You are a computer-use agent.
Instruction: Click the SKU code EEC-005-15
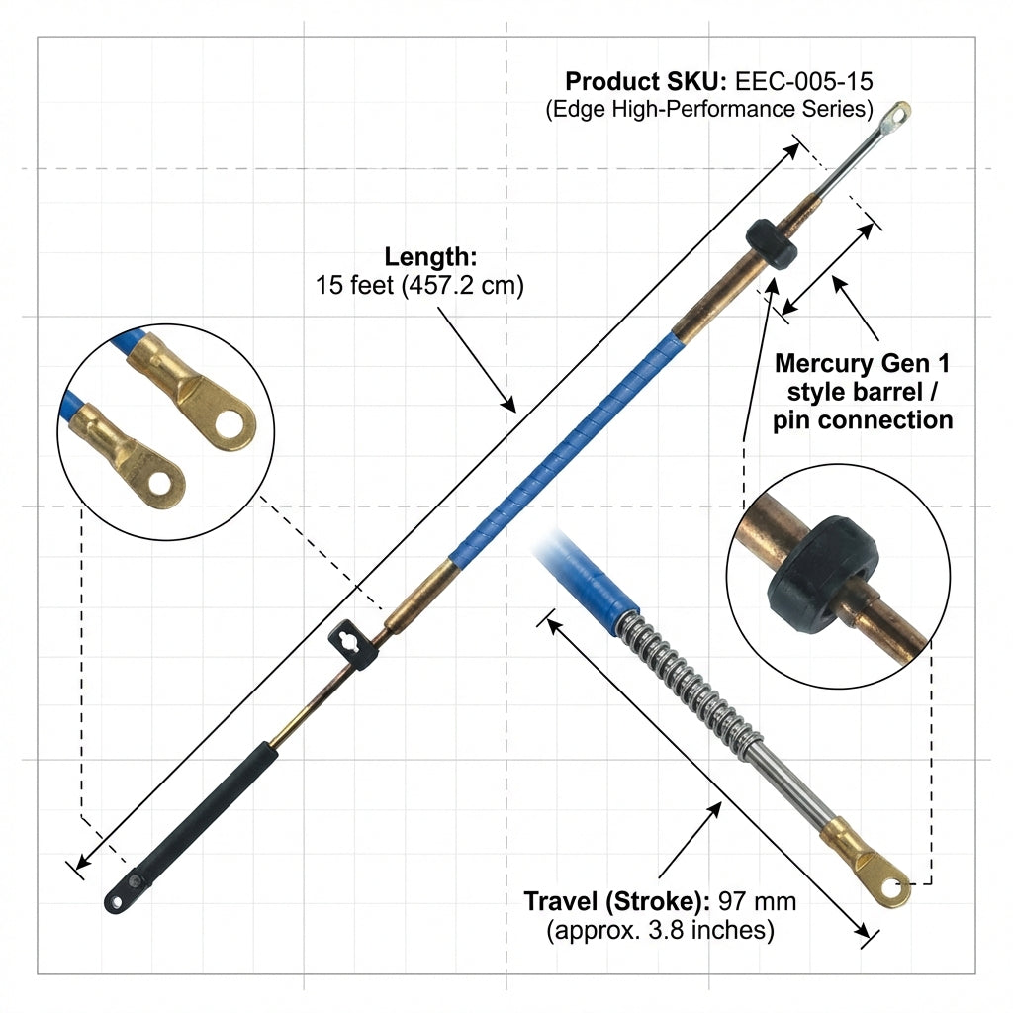click(x=803, y=81)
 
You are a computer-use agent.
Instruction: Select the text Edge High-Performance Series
click(x=709, y=109)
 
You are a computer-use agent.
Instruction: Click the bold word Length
click(x=430, y=256)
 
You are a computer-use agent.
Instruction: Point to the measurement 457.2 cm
click(x=463, y=285)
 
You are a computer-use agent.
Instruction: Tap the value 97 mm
click(x=757, y=901)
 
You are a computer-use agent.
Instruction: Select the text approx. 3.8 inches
click(x=660, y=930)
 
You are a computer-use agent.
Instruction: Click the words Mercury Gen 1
click(x=863, y=363)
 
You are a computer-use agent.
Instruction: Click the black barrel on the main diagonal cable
click(x=772, y=243)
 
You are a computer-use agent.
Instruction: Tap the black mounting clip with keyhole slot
click(x=353, y=644)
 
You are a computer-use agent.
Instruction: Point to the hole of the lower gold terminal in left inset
click(x=159, y=483)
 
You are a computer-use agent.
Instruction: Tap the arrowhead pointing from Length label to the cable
click(x=509, y=405)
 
